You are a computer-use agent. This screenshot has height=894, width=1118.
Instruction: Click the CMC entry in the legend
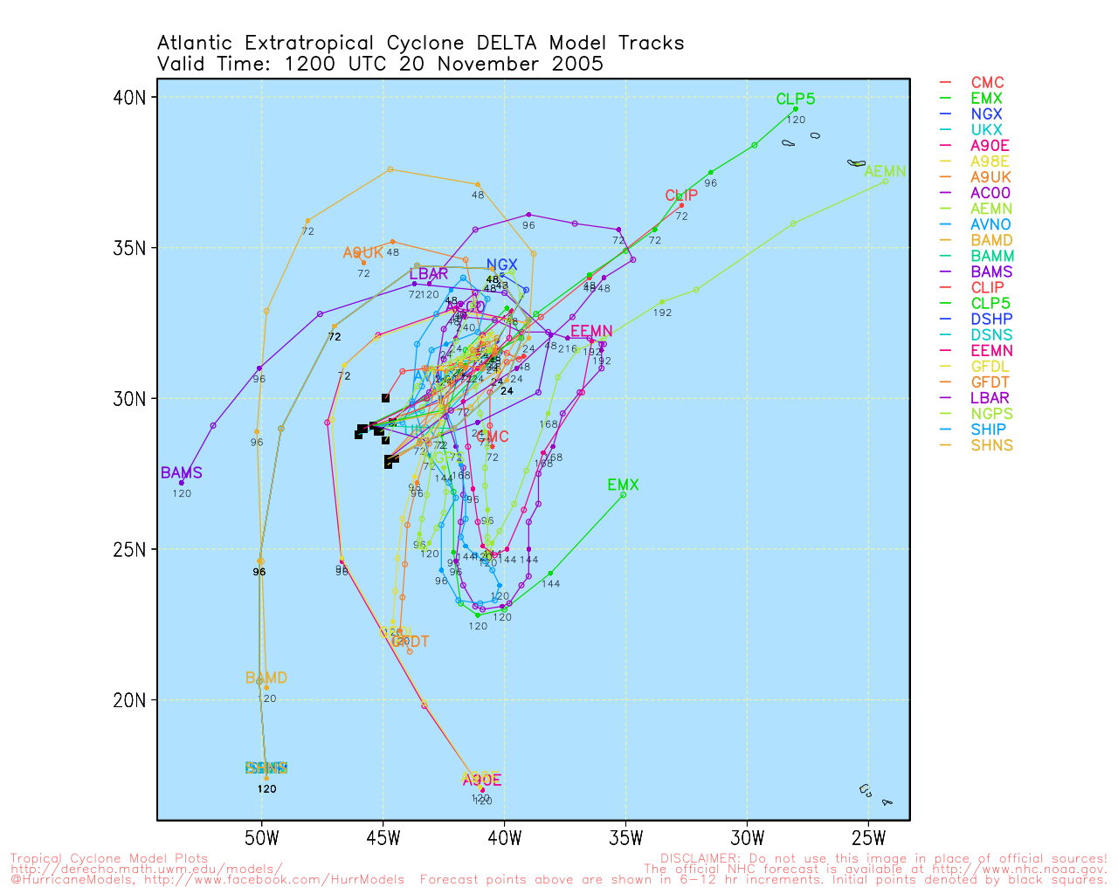click(987, 83)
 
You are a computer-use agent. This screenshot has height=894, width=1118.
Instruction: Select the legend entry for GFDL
click(990, 366)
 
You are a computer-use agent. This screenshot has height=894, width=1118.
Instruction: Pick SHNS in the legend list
click(991, 445)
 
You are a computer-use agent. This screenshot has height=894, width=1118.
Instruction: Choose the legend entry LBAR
click(990, 398)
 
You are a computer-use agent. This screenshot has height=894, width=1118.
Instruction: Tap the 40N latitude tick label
click(129, 97)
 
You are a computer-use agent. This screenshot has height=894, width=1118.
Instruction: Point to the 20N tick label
click(129, 700)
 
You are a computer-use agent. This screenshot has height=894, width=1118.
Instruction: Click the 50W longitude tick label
click(261, 839)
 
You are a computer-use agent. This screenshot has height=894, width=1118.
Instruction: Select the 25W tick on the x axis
click(868, 839)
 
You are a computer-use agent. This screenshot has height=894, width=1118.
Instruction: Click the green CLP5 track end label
click(796, 100)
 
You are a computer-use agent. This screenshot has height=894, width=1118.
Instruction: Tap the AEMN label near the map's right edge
click(885, 172)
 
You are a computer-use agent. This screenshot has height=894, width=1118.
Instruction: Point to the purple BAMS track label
click(182, 473)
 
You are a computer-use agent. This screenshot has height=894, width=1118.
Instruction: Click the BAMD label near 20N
click(266, 677)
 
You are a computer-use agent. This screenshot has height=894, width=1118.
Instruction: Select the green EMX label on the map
click(623, 485)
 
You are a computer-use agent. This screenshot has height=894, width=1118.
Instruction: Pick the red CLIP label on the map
click(681, 196)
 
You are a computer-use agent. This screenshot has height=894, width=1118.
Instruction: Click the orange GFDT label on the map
click(410, 642)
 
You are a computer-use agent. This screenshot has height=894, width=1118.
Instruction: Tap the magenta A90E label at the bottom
click(482, 781)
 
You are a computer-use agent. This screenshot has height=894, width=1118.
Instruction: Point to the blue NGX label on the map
click(502, 265)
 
